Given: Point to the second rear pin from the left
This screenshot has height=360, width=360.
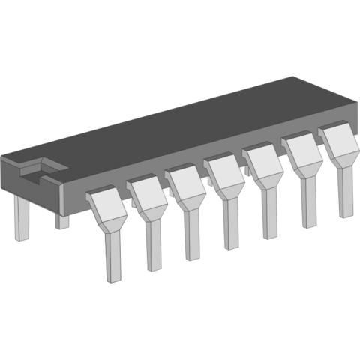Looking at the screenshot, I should tap(62, 221).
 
